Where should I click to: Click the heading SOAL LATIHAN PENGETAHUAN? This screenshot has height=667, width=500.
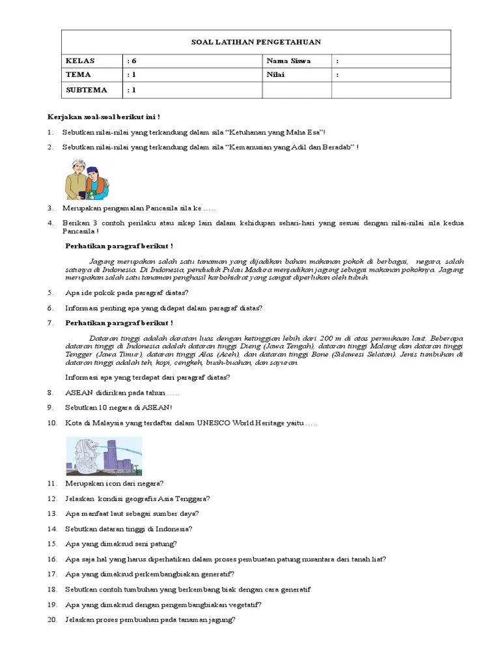click(256, 42)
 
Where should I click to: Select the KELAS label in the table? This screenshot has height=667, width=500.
click(80, 61)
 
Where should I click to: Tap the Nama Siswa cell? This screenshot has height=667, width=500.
click(288, 61)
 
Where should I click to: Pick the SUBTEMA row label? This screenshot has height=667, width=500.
click(86, 90)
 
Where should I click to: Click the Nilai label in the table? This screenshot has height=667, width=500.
click(276, 75)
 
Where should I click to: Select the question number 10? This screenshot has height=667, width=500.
click(52, 424)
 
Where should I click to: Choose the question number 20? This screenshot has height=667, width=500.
click(52, 620)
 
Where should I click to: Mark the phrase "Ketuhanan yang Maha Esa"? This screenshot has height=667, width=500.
click(285, 132)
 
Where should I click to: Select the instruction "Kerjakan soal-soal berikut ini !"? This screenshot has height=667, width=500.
click(104, 117)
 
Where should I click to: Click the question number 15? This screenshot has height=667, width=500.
click(52, 543)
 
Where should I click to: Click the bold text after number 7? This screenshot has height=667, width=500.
click(119, 323)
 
